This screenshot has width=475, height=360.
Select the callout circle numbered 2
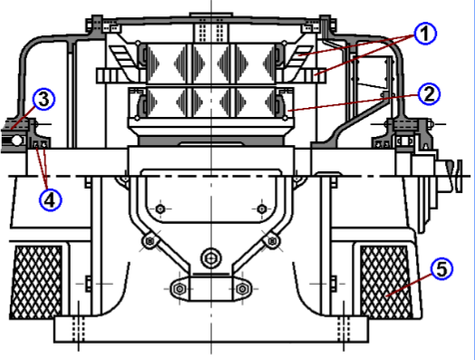click(x=429, y=92)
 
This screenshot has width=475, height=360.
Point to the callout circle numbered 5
click(x=439, y=269)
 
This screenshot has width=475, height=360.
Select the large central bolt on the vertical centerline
click(x=210, y=257)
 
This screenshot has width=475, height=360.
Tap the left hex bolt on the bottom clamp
click(x=178, y=290)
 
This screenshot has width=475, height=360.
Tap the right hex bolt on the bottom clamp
click(x=243, y=290)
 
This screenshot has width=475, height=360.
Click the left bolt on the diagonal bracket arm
click(x=149, y=240)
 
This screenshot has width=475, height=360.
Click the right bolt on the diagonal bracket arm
click(x=272, y=240)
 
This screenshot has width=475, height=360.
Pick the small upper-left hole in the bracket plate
click(x=160, y=209)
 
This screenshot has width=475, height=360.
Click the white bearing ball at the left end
click(x=16, y=141)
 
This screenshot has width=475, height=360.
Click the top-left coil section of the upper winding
click(x=166, y=62)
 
